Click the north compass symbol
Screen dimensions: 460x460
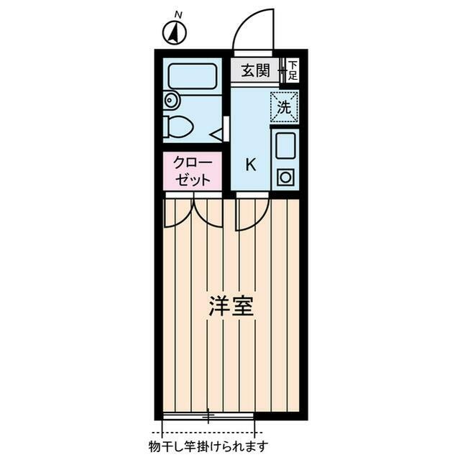tap(174, 32)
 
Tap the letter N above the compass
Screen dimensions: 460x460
tap(178, 14)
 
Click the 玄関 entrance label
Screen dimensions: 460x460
tap(254, 70)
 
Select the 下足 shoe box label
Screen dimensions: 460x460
tap(293, 70)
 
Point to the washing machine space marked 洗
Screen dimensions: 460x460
tap(285, 108)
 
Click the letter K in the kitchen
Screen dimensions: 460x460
tap(251, 164)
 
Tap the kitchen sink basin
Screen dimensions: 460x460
tap(285, 146)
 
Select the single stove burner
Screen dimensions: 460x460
tap(285, 177)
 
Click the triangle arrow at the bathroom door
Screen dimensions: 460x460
tap(215, 132)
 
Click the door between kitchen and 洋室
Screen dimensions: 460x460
tap(251, 213)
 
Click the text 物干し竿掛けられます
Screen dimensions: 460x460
tap(209, 446)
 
